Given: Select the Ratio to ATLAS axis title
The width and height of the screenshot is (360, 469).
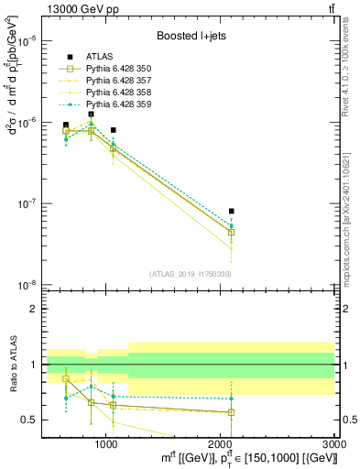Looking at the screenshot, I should (14, 364).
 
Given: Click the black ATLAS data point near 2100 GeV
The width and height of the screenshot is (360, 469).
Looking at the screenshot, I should (232, 212).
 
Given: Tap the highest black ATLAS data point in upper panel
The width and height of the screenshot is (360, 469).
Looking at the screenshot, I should (91, 115).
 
